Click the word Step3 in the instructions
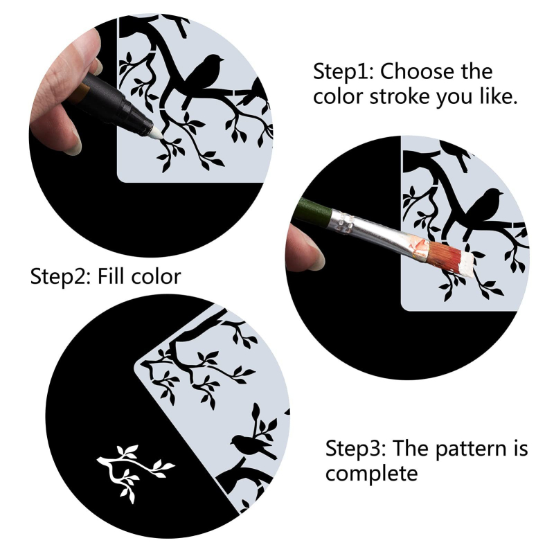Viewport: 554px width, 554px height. (355, 449)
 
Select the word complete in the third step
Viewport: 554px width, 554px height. (371, 474)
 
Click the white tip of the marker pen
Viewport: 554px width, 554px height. (156, 134)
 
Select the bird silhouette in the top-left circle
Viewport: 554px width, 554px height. (202, 76)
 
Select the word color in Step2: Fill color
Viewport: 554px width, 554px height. (156, 278)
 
